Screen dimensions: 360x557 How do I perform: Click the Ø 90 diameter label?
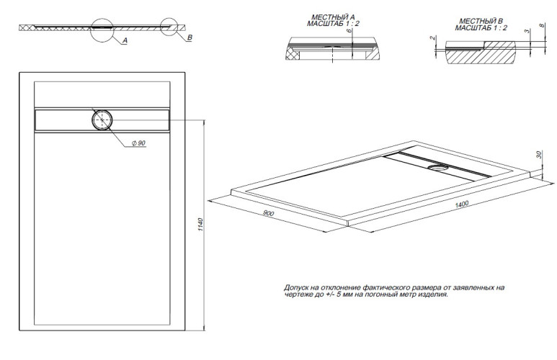138,143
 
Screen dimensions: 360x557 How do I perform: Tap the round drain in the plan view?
102,120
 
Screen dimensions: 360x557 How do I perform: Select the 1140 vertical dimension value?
201,223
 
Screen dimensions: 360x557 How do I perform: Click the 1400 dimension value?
461,205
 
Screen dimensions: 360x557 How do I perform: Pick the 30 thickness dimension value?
539,155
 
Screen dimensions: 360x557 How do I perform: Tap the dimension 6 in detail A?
348,32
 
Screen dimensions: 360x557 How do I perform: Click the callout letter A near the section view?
125,42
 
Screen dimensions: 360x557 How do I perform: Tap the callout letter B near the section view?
188,36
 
